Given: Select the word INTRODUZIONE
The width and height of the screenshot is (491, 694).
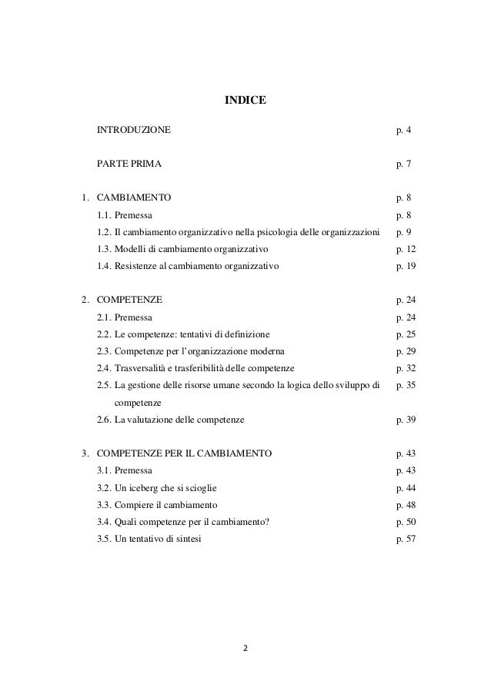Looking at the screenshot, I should click(x=134, y=131).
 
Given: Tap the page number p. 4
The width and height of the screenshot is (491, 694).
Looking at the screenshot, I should click(x=403, y=131).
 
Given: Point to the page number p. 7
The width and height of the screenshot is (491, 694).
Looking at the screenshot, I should click(x=403, y=164).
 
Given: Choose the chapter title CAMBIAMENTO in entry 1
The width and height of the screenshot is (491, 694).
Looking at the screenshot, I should click(x=134, y=198).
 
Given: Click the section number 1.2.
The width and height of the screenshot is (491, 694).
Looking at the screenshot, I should click(x=105, y=232).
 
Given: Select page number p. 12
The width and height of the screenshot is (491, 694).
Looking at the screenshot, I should click(x=406, y=249).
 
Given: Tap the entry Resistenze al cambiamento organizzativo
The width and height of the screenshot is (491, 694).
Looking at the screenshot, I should click(x=197, y=266).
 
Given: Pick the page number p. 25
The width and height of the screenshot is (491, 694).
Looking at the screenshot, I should click(x=406, y=334).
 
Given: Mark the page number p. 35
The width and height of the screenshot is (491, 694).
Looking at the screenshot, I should click(x=406, y=384).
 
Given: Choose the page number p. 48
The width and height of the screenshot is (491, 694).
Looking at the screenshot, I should click(x=406, y=504).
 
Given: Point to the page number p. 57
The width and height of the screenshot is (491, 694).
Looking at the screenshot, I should click(x=406, y=538).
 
